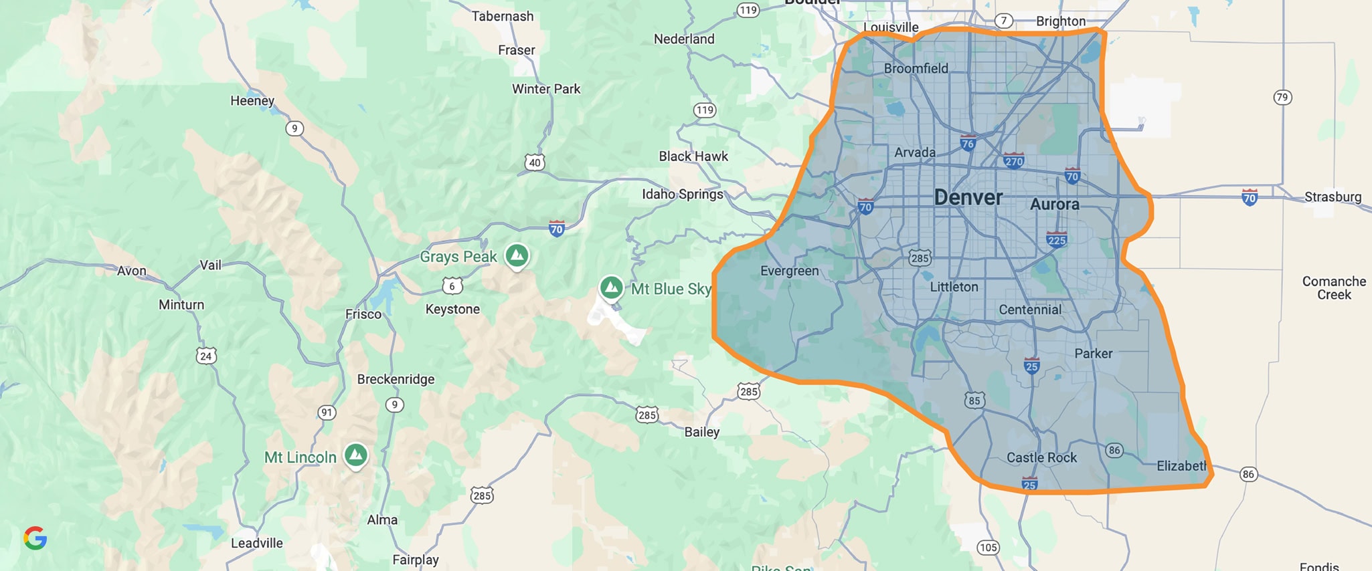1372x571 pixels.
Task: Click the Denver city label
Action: pyautogui.click(x=968, y=197)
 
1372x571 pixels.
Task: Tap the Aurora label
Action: pyautogui.click(x=1054, y=205)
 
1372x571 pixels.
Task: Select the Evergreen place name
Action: pyautogui.click(x=789, y=271)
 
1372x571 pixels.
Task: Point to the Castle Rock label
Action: pyautogui.click(x=1041, y=457)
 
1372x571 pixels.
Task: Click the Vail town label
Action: pyautogui.click(x=210, y=265)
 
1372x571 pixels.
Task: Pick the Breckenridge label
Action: pyautogui.click(x=396, y=379)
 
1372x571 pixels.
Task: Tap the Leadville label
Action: pyautogui.click(x=256, y=543)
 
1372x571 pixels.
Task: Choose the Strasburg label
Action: pyautogui.click(x=1333, y=197)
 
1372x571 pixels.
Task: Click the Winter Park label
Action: pyautogui.click(x=546, y=89)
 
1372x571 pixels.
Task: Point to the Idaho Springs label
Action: pyautogui.click(x=683, y=194)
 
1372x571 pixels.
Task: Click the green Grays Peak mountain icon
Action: pyautogui.click(x=517, y=255)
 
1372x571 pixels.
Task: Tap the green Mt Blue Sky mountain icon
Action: pyautogui.click(x=610, y=288)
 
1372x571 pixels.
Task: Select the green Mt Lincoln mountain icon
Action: pyautogui.click(x=356, y=456)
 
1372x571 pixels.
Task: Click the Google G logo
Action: pyautogui.click(x=35, y=538)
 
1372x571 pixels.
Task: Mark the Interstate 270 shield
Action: pyautogui.click(x=1014, y=160)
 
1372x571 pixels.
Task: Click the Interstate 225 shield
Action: pyautogui.click(x=1056, y=239)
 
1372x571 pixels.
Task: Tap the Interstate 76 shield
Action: pyautogui.click(x=968, y=142)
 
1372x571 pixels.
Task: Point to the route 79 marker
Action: pyautogui.click(x=1282, y=98)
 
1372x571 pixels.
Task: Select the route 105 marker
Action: pyautogui.click(x=988, y=548)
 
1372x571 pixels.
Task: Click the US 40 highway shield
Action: pyautogui.click(x=534, y=162)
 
